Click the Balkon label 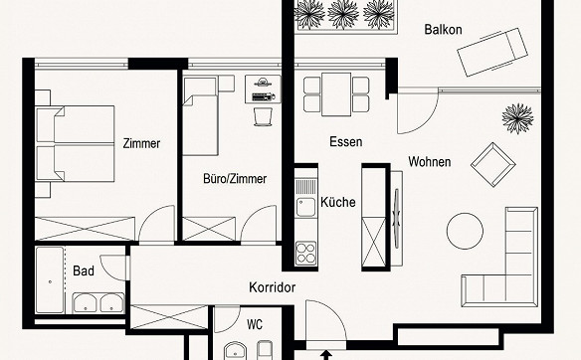point(443,29)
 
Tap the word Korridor point(273,287)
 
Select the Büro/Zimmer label point(235,179)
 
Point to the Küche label point(338,202)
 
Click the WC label point(255,325)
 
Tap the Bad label point(84,270)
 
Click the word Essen point(345,141)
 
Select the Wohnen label point(430,161)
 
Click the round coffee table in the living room point(465,231)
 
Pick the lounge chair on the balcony point(492,52)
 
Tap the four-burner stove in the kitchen point(306,253)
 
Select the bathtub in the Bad point(50,280)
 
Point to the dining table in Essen point(336,94)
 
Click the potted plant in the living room point(517,118)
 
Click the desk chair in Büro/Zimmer point(263,116)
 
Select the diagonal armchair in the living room point(492,164)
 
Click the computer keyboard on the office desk point(263,97)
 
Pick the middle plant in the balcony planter point(343,14)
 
